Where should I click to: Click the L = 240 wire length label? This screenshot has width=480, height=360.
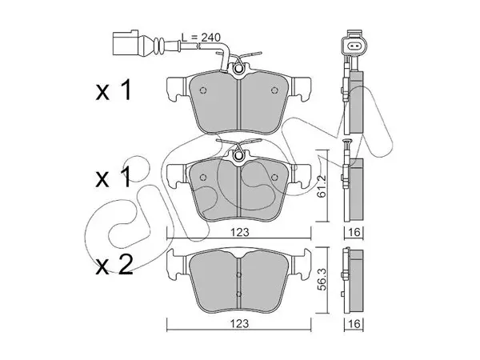(x=201, y=38)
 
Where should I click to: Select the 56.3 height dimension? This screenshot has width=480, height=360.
(x=322, y=279)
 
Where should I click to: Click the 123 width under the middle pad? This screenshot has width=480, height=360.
(x=240, y=232)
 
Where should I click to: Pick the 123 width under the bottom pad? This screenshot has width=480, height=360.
(x=240, y=323)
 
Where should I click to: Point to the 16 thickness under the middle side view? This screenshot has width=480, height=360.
(x=354, y=232)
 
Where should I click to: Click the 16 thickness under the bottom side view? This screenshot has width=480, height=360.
(x=354, y=323)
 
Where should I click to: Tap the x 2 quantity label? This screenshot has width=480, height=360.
(x=114, y=265)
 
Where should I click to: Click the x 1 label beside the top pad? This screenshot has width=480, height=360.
(x=114, y=90)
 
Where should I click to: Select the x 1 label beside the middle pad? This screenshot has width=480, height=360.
(x=114, y=178)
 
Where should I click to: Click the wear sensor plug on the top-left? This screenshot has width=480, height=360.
(x=126, y=43)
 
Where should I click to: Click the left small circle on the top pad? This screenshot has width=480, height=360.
(x=203, y=90)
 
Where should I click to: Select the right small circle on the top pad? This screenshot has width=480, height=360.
(x=274, y=90)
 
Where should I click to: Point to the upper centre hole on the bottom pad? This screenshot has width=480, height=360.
(x=239, y=275)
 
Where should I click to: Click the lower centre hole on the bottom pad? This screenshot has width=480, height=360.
(x=239, y=294)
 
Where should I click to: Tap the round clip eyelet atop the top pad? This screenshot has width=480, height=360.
(x=238, y=70)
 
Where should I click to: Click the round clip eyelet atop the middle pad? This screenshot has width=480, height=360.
(x=238, y=157)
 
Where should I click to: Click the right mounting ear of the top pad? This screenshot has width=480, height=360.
(x=301, y=89)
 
